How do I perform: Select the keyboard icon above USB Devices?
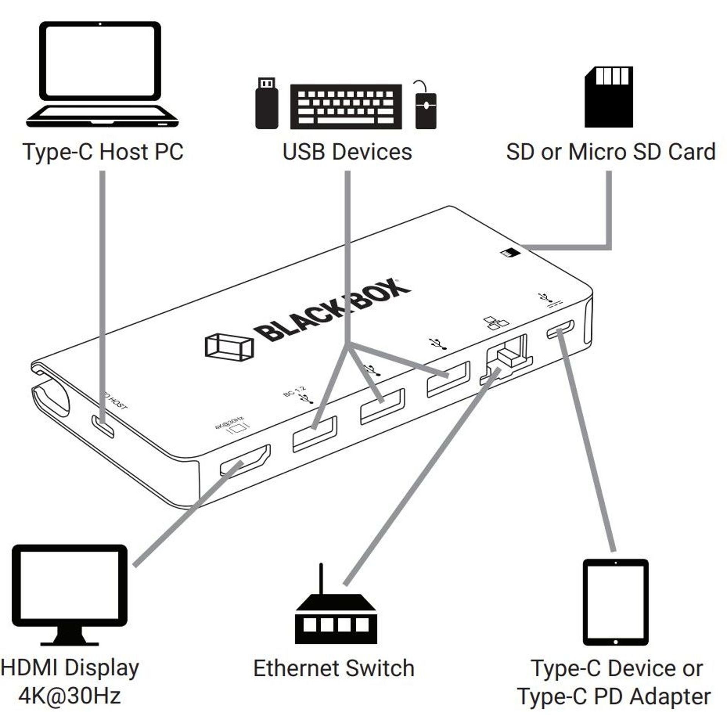(346, 106)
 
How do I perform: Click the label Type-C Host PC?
(103, 152)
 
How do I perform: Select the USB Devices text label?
(347, 152)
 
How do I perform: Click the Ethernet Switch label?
(334, 668)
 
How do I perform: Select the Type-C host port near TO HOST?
(103, 426)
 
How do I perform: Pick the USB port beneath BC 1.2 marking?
(315, 433)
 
